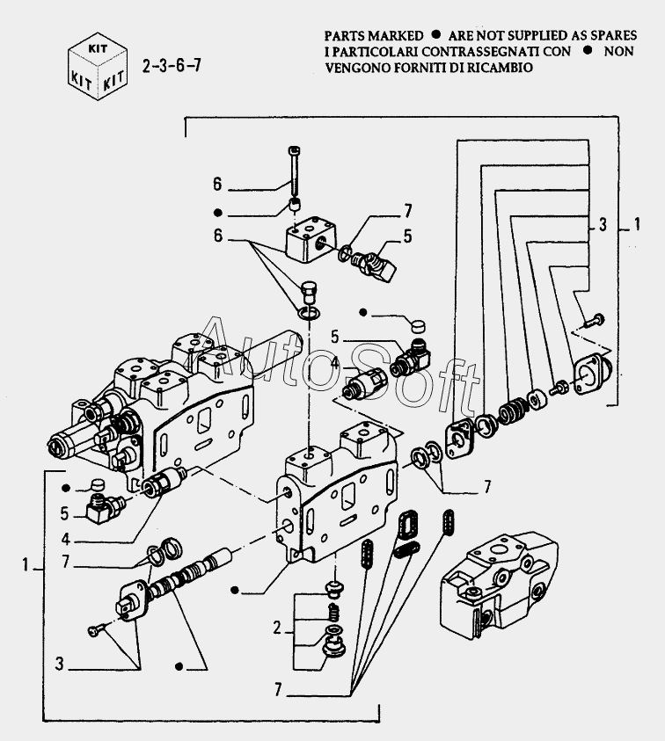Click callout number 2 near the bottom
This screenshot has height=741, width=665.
pos(276,628)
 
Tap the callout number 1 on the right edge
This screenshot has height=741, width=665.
pos(636,226)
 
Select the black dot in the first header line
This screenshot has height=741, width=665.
pos(435,36)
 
